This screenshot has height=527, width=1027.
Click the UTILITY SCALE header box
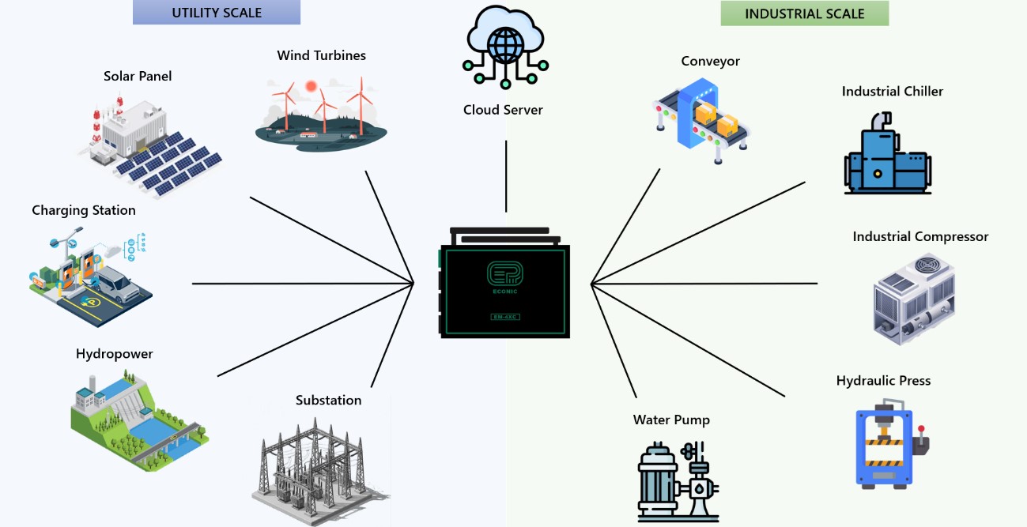tap(217, 13)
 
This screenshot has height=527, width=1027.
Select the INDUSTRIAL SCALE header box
tap(805, 13)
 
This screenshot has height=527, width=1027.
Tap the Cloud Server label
tap(503, 110)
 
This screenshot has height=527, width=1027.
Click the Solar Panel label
tap(138, 77)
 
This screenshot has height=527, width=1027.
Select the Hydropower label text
tap(115, 354)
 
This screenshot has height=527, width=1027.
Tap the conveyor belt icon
tap(700, 122)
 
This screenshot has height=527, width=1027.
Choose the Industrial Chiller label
tap(893, 92)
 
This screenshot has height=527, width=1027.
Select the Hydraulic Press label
tap(884, 381)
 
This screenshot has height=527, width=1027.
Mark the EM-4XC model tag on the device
tap(504, 318)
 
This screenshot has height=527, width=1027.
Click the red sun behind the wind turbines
tap(311, 85)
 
